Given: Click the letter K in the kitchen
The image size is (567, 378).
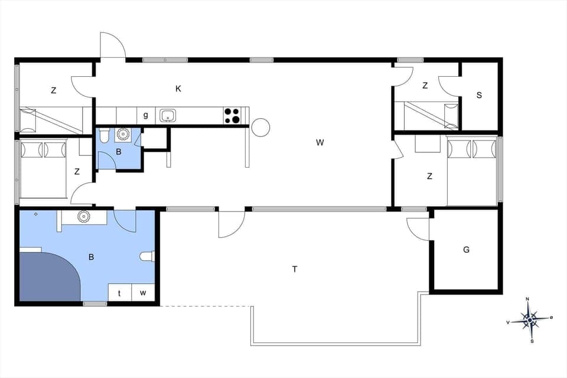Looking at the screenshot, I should (178, 89).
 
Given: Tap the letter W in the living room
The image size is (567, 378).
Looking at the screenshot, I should (320, 142).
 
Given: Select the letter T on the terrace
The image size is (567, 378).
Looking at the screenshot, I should (295, 269).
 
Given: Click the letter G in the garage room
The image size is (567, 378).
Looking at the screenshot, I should (466, 250).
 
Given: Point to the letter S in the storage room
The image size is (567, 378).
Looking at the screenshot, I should (479, 94).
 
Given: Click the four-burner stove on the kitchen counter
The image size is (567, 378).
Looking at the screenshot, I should (232, 115).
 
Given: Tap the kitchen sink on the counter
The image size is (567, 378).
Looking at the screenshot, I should (168, 115).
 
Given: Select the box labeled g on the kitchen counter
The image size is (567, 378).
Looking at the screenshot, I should (145, 115).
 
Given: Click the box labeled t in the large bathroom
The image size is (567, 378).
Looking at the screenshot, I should (119, 292).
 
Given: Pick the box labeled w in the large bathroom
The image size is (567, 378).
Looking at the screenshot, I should (143, 292).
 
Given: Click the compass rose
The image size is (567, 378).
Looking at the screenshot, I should (530, 320).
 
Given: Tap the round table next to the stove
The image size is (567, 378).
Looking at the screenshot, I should (260, 127).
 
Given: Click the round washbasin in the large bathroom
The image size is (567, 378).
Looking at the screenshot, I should (83, 217).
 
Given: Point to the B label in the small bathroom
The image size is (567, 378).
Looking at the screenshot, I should (118, 151).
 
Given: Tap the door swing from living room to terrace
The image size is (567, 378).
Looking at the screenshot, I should (230, 223).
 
